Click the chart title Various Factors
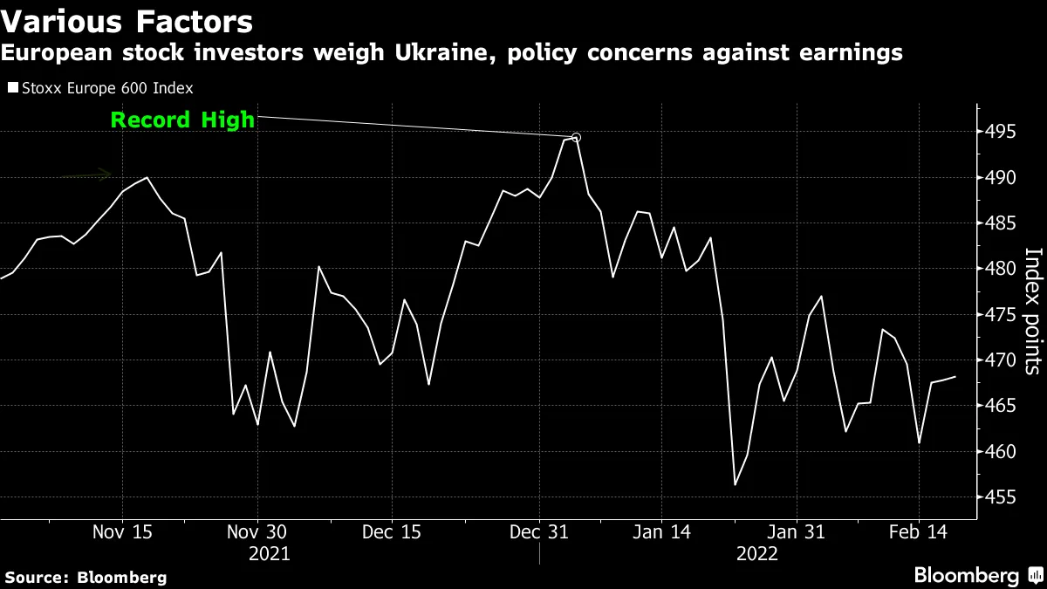tap(127, 21)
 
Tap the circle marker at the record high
tap(576, 137)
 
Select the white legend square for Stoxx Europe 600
tap(11, 88)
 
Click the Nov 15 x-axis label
tap(122, 531)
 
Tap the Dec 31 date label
tap(539, 531)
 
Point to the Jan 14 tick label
tap(661, 531)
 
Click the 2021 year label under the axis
tap(270, 553)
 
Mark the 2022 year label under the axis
tap(757, 553)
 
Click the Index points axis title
tap(1031, 312)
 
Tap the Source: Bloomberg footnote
tap(86, 577)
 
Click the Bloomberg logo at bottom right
tap(977, 575)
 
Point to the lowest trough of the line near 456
tap(736, 484)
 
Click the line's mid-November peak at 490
tap(147, 177)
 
